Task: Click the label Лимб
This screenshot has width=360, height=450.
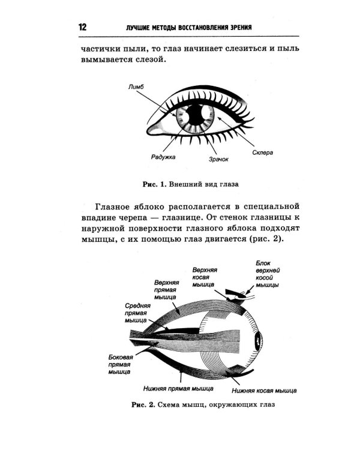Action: [136, 86]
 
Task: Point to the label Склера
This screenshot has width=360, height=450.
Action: [262, 152]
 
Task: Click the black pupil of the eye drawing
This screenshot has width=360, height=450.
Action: [196, 114]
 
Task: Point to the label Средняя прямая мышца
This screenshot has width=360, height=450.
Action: [137, 313]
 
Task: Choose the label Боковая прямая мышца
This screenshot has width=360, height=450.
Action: [121, 364]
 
